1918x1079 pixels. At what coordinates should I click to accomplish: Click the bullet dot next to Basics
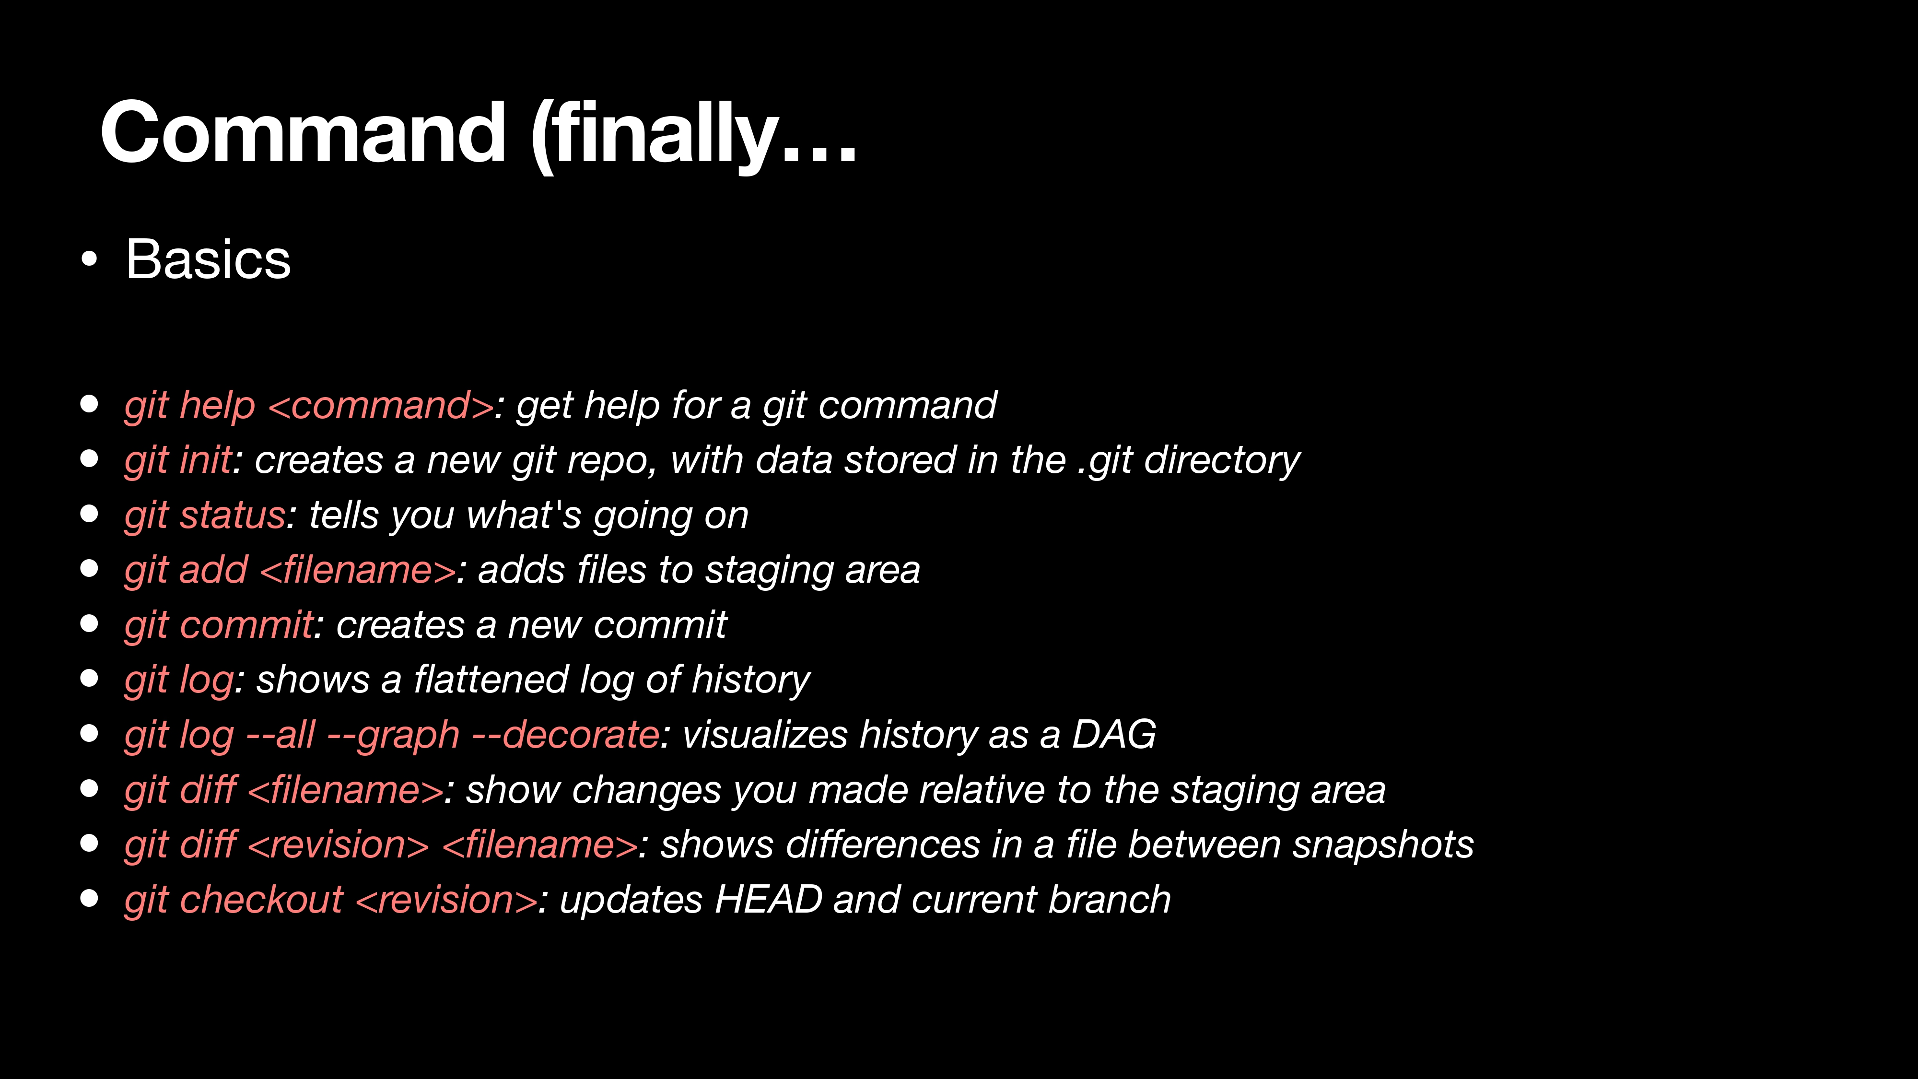click(89, 259)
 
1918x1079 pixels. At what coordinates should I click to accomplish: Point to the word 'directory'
click(1222, 460)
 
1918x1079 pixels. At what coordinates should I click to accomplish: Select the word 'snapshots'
click(1383, 845)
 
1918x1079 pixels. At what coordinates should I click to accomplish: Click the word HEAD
click(768, 900)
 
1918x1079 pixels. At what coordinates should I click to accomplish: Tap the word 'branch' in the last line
click(1110, 900)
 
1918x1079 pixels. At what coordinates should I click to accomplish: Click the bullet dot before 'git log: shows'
click(89, 679)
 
